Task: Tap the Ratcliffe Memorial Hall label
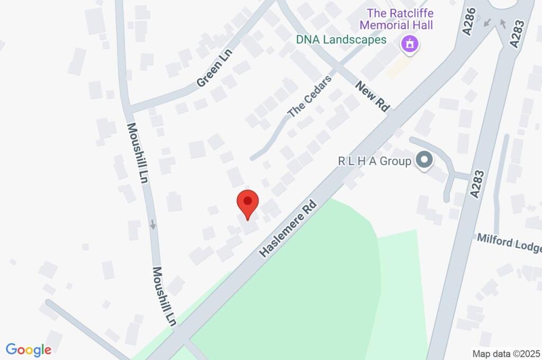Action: click(x=396, y=19)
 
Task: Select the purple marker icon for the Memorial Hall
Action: click(x=409, y=44)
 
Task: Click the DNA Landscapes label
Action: click(x=341, y=39)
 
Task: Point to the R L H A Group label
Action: click(x=375, y=161)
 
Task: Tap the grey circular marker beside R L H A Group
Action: click(x=423, y=160)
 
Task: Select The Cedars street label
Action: click(x=310, y=96)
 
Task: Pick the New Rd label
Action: click(x=372, y=96)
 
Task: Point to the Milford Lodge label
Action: click(x=509, y=244)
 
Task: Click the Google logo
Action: click(x=29, y=350)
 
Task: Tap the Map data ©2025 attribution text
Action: click(x=506, y=353)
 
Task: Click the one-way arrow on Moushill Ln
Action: click(x=153, y=224)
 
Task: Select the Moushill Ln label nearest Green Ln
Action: click(x=137, y=153)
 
